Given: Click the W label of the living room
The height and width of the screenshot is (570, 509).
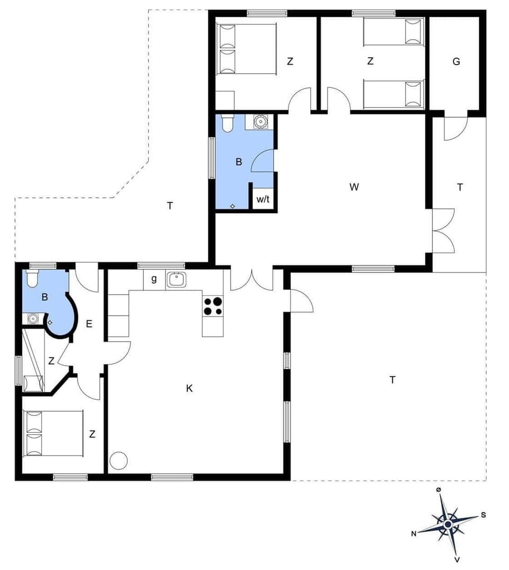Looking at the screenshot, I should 354,187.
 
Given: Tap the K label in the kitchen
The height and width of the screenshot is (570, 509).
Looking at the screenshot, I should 189,389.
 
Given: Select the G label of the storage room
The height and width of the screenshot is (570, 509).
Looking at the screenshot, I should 456,62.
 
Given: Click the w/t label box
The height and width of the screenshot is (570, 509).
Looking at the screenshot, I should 263,199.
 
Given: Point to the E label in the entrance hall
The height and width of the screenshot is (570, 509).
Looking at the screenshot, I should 89,323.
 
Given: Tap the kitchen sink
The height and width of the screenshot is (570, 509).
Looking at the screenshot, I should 177,279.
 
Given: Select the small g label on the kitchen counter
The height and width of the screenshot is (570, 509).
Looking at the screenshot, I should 154,279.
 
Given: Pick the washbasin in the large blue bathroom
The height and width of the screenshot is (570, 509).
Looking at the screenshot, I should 261,122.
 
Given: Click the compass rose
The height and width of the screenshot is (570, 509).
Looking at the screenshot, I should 448,524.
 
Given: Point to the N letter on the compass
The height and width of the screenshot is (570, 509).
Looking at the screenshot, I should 414,534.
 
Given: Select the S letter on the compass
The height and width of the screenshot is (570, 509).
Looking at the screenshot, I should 484,514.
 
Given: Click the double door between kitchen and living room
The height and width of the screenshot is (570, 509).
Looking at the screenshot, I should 252,279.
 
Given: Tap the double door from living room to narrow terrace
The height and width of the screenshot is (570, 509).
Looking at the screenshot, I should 443,231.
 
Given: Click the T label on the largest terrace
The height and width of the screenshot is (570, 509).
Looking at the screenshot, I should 392,380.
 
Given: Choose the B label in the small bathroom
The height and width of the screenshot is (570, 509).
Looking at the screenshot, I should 45,297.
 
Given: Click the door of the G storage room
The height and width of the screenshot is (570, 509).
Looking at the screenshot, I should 455,127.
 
